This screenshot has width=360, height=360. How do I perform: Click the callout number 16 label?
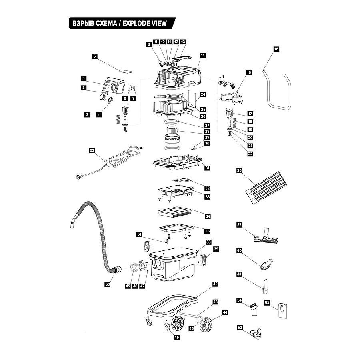[276, 49]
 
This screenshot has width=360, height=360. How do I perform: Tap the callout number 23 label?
[92, 150]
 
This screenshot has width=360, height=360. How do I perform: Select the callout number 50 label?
[108, 284]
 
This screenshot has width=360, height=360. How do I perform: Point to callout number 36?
[239, 171]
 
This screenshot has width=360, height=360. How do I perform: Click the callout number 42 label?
[215, 284]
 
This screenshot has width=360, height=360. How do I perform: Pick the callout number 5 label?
[94, 56]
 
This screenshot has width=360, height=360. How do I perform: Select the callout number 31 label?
[207, 168]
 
